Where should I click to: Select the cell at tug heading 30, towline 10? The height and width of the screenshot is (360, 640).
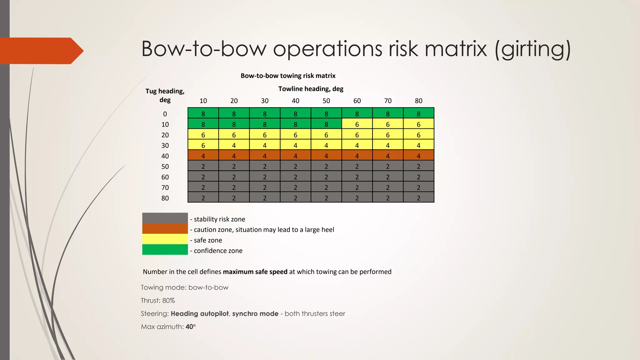pyautogui.click(x=203, y=145)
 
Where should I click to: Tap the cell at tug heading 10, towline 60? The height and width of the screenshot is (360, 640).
pyautogui.click(x=357, y=124)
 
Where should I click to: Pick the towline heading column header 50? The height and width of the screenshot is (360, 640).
pyautogui.click(x=326, y=101)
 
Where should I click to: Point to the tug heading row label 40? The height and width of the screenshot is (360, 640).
pyautogui.click(x=165, y=156)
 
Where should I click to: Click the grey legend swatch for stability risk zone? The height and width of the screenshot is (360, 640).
pyautogui.click(x=165, y=218)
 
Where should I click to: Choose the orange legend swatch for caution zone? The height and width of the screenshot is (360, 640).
pyautogui.click(x=165, y=228)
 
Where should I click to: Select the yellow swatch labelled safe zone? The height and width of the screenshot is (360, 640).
pyautogui.click(x=165, y=239)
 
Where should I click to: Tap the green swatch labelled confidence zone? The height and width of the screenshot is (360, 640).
pyautogui.click(x=165, y=250)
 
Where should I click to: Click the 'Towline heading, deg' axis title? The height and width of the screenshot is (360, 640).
pyautogui.click(x=311, y=89)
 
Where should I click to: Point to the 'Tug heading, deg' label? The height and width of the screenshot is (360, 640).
pyautogui.click(x=165, y=95)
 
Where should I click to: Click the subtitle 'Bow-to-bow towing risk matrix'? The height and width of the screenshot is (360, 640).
pyautogui.click(x=288, y=76)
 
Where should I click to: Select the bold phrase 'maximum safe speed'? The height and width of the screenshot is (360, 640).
pyautogui.click(x=255, y=272)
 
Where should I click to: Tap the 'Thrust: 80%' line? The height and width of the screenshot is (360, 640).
pyautogui.click(x=158, y=301)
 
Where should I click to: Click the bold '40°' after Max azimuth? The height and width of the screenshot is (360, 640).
pyautogui.click(x=191, y=327)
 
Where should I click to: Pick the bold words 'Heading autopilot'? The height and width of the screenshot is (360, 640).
pyautogui.click(x=200, y=314)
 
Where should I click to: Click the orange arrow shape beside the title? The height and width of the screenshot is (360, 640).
pyautogui.click(x=41, y=51)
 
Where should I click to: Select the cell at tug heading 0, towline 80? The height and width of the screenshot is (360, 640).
pyautogui.click(x=418, y=114)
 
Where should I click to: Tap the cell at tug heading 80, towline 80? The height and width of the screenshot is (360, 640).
pyautogui.click(x=418, y=198)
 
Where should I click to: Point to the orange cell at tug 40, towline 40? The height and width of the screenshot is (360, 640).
pyautogui.click(x=295, y=156)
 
